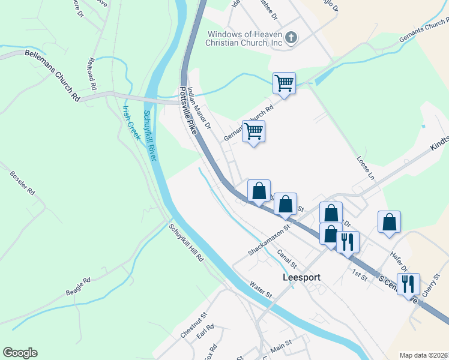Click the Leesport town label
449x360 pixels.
(301, 278)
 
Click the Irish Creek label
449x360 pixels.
(131, 123)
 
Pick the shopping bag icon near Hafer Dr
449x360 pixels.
(390, 222)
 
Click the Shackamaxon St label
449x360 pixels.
(270, 241)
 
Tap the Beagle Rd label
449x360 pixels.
(78, 287)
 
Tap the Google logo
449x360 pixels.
(20, 353)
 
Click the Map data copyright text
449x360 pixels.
(423, 355)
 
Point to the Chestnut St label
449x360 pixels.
(193, 324)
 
